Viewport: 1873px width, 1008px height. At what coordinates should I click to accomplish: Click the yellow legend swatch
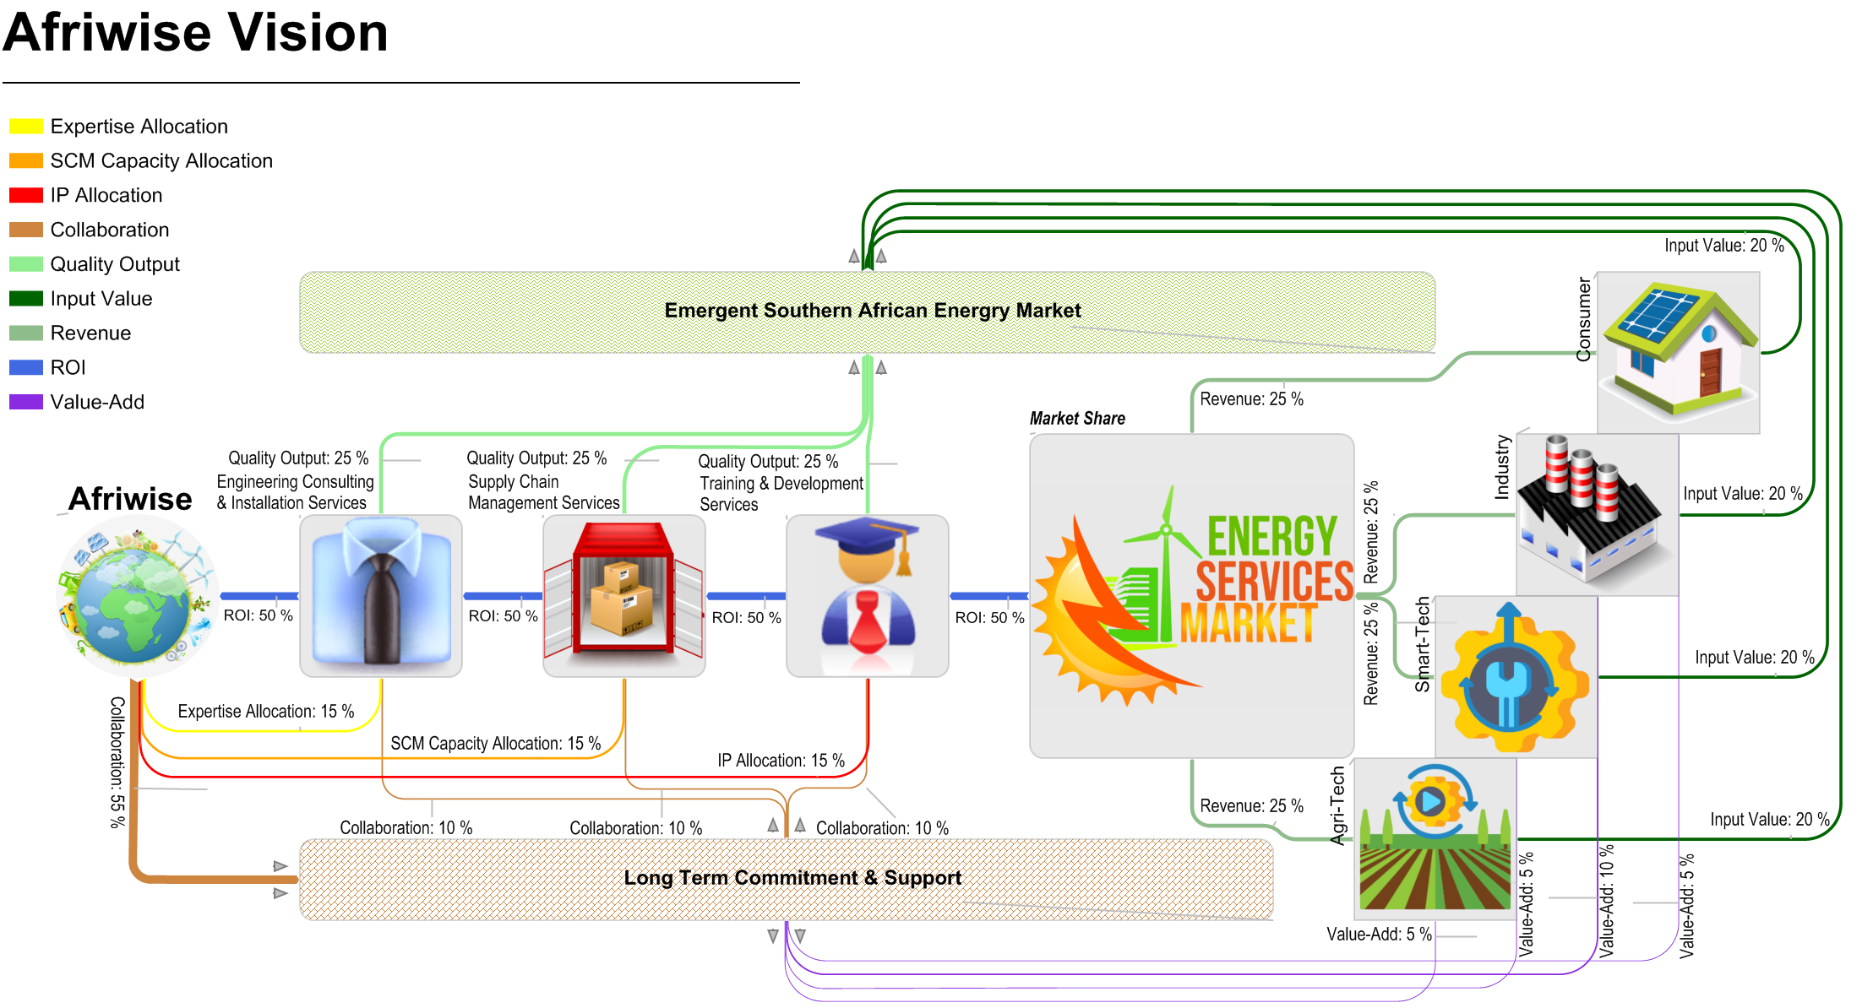pos(26,126)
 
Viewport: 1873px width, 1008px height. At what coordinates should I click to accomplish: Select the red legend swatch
pos(26,195)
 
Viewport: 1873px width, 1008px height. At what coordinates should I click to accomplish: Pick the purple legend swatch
pos(26,402)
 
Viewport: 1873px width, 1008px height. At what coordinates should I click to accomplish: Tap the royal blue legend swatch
pos(26,367)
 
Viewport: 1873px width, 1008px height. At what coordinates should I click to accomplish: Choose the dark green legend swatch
pos(26,298)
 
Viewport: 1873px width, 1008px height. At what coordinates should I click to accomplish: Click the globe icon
pos(137,596)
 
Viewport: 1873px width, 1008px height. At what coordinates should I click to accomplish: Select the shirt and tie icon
pos(381,596)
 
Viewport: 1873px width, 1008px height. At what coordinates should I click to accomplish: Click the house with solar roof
pos(1678,353)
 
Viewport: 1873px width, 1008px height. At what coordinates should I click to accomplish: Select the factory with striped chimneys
pos(1597,515)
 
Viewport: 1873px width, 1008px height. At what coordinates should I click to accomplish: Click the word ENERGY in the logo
pos(1271,536)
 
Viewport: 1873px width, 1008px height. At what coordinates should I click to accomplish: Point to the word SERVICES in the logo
pos(1274,582)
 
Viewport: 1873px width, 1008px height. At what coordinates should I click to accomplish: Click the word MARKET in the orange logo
pos(1249,625)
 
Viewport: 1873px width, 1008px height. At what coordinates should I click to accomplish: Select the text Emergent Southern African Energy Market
pos(872,311)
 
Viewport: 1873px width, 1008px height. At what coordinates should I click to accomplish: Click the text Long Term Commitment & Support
pos(792,878)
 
